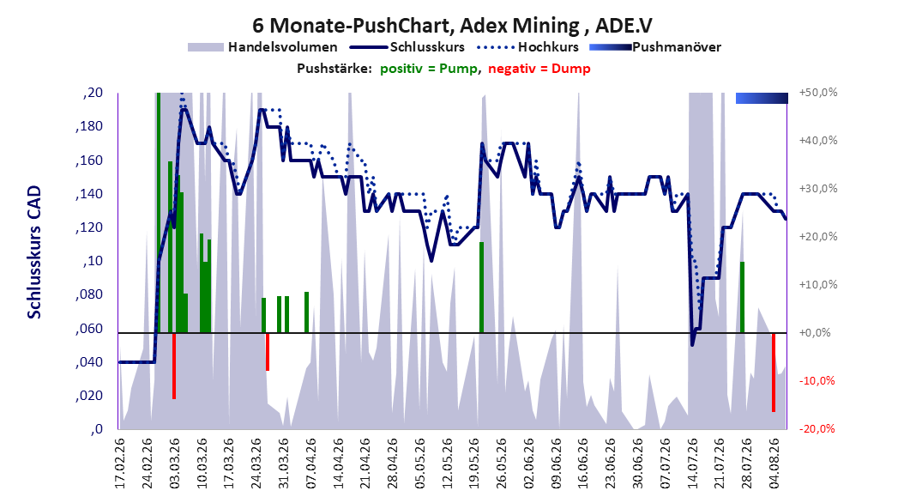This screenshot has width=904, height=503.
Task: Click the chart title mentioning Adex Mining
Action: [452, 25]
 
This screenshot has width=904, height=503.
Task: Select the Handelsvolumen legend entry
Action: [262, 47]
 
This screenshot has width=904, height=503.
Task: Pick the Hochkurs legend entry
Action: [528, 47]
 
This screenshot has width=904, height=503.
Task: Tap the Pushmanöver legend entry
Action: [655, 47]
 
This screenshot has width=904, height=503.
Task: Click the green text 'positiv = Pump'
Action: [428, 69]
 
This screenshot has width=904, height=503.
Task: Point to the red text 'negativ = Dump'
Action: [539, 69]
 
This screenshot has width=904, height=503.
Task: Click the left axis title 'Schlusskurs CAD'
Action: [34, 252]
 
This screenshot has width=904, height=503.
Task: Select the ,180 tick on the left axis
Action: [89, 126]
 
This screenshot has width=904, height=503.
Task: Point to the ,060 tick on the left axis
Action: [89, 329]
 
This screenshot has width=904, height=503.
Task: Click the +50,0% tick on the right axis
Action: [818, 93]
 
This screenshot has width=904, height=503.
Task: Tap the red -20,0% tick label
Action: [817, 428]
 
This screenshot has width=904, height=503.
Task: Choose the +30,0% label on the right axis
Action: [818, 189]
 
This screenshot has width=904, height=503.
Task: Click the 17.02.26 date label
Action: [120, 464]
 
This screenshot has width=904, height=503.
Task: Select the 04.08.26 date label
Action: [774, 464]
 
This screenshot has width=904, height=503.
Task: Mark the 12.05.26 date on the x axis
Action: [447, 464]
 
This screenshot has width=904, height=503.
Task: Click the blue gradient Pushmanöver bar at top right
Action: [762, 98]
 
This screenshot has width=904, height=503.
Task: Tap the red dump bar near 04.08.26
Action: [774, 372]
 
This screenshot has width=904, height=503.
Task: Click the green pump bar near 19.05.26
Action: [481, 288]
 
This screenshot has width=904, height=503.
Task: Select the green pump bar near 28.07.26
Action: [743, 297]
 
